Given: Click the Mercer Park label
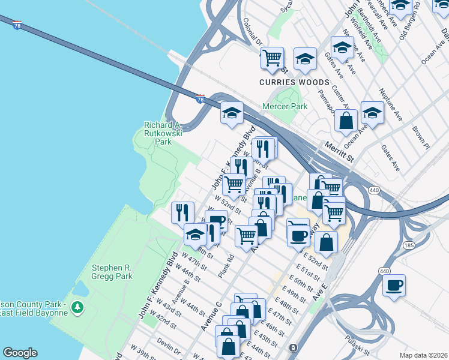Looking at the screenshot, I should pos(285,107).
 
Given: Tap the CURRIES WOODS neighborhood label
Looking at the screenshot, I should pos(294,82).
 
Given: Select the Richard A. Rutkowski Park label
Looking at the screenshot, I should pos(163,133).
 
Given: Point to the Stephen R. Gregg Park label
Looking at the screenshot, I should pos(111,272).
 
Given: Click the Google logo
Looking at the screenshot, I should pos(20,353).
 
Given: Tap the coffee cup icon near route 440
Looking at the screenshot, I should pos(394,286).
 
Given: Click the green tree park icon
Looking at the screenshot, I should pos(77,308).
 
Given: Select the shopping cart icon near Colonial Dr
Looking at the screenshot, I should pos(273,58).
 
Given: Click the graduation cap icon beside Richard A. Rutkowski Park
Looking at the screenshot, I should pos(232,112).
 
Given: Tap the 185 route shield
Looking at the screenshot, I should pos(408,245).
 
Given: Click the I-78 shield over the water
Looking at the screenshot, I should pos(17,27).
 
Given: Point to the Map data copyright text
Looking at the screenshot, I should pos(423,355).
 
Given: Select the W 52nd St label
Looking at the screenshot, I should pos(228,206).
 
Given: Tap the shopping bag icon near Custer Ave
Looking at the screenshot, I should pos(346,121).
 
